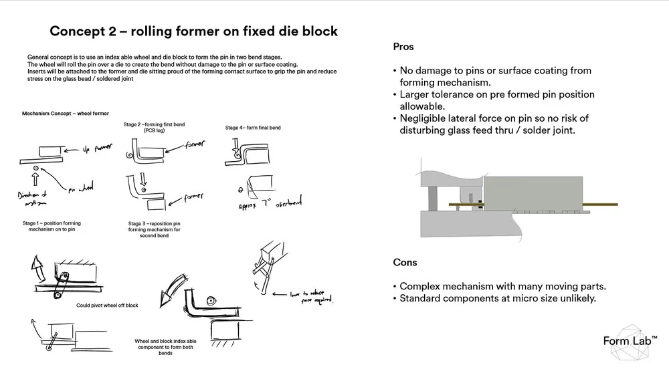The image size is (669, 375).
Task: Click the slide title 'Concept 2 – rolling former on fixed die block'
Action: [193, 31]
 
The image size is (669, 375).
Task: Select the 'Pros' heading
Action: [403, 47]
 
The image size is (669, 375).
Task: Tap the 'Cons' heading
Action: [405, 263]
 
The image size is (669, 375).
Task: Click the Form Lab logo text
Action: [626, 342]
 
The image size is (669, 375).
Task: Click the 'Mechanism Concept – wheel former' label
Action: [65, 114]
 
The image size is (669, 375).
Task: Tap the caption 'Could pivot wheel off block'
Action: [108, 305]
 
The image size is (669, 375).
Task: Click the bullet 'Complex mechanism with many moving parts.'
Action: [502, 287]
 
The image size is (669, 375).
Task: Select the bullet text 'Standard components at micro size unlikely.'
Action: [497, 298]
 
